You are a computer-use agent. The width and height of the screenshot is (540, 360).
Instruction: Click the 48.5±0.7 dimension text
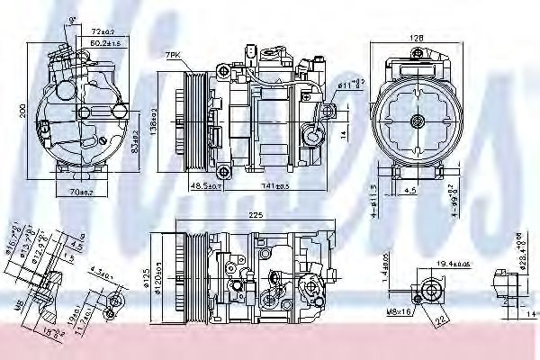[207, 184]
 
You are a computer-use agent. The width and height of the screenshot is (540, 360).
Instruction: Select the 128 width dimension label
[417, 38]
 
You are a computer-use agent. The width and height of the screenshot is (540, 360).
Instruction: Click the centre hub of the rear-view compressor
[417, 121]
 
